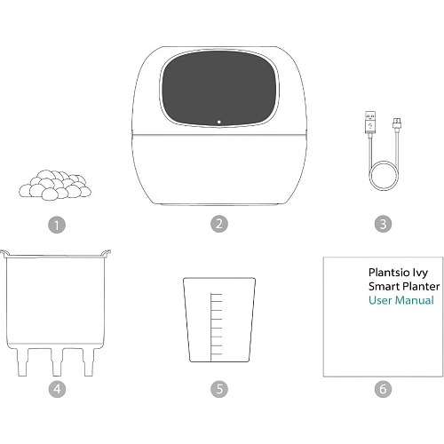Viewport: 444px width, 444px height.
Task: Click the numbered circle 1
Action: (x=57, y=225)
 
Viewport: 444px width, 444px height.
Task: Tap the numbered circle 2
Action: (x=219, y=224)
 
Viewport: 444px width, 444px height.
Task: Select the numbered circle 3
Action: (x=383, y=224)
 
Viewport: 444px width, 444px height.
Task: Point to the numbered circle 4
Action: (x=57, y=389)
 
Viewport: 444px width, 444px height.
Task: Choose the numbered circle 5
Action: (x=219, y=389)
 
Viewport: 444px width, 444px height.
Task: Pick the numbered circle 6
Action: (x=383, y=389)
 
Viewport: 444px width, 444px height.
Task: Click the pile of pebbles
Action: (x=55, y=185)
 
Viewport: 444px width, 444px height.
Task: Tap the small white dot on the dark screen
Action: (x=219, y=122)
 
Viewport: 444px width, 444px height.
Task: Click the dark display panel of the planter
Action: (x=219, y=88)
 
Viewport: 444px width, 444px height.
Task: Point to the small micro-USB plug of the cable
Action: (x=397, y=123)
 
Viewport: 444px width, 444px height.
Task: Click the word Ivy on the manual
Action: (x=420, y=273)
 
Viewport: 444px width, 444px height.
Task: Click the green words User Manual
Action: (x=401, y=300)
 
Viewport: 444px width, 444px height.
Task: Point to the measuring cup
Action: (x=219, y=320)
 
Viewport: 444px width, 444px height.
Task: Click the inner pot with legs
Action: (x=55, y=313)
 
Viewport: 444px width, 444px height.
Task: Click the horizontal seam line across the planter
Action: (x=219, y=135)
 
